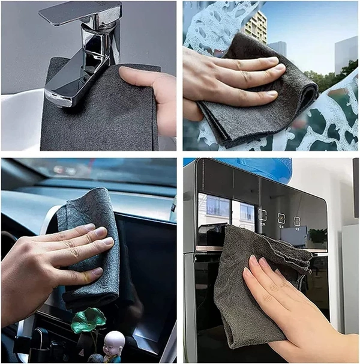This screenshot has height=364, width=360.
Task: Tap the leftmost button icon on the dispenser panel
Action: (262, 214)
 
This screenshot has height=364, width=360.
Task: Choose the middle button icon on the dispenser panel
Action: (281, 218)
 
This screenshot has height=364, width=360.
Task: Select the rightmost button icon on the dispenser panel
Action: (297, 221)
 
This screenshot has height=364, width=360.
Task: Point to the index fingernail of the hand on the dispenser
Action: (252, 259)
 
